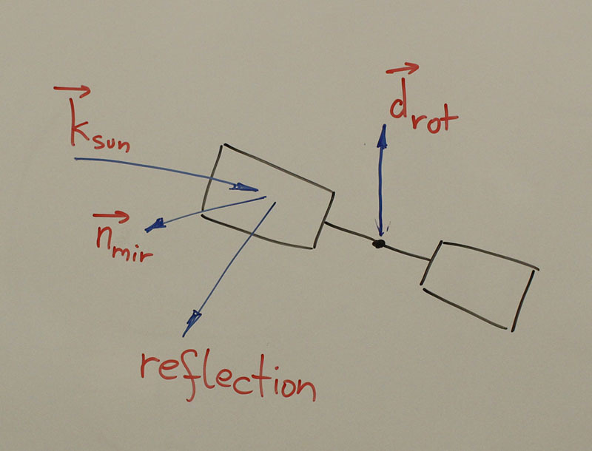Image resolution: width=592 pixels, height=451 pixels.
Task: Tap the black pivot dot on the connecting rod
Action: (379, 243)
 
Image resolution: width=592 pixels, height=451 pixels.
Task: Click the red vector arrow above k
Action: (72, 91)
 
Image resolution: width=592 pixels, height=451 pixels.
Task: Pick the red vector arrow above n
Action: (111, 217)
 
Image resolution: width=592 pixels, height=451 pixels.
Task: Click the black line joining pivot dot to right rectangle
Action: (406, 251)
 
